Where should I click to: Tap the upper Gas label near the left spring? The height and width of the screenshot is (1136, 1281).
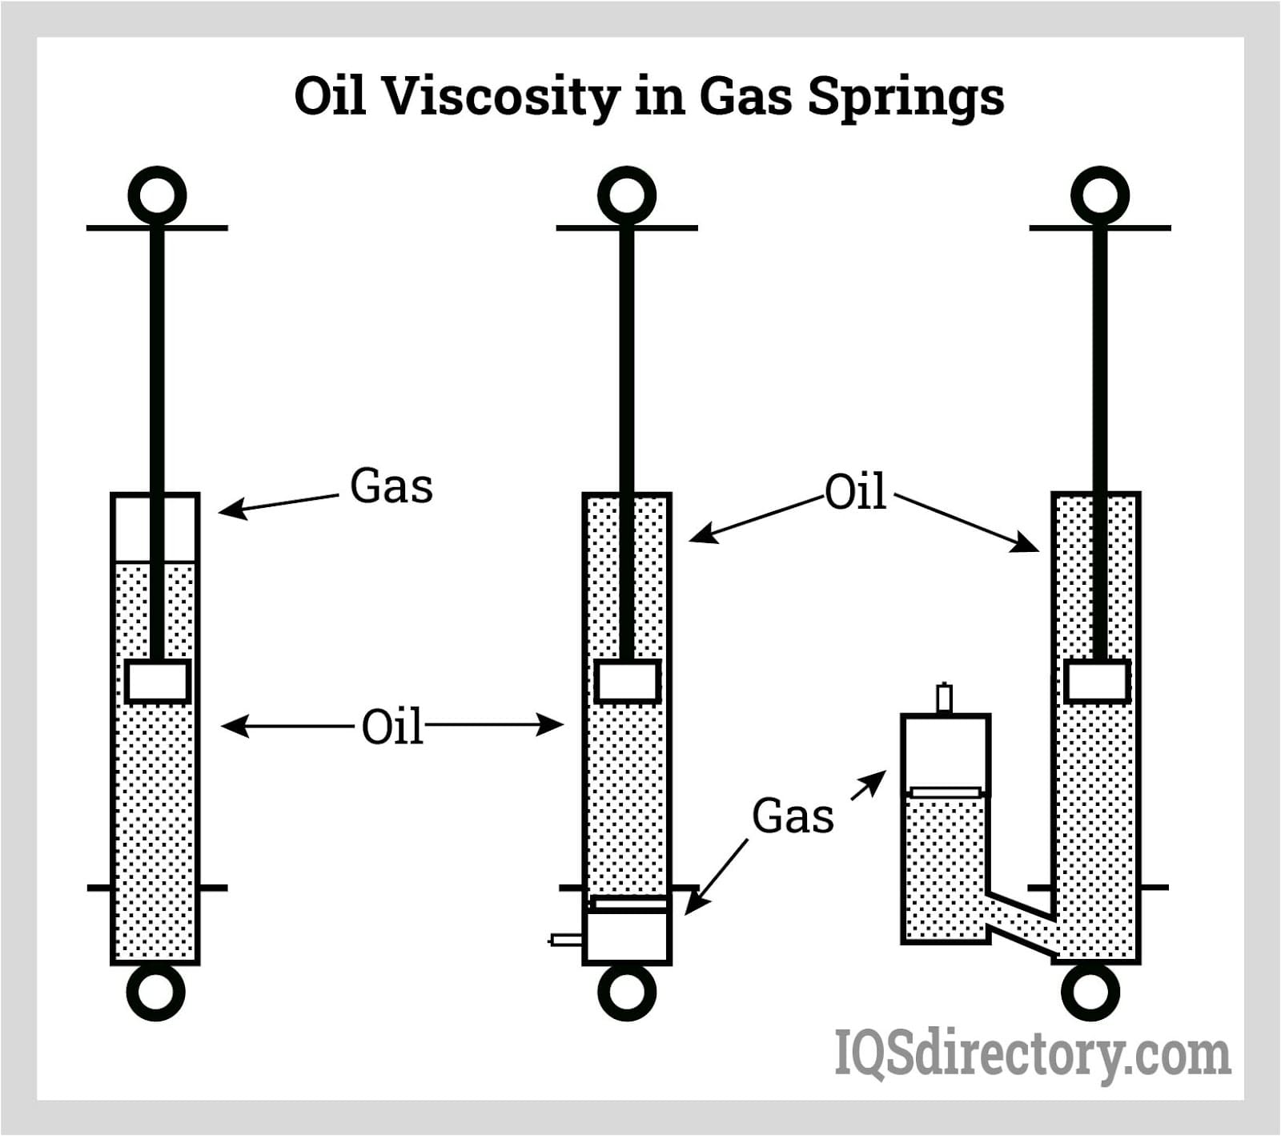point(392,486)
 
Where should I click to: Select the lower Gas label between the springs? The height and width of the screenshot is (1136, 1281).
point(793,816)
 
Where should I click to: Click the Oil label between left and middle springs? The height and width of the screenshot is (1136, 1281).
point(392,727)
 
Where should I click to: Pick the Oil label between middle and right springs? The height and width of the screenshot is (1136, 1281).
point(855,492)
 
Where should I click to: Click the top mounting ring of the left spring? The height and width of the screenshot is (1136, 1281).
point(157,195)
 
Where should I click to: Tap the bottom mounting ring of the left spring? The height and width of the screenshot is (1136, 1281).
point(156,992)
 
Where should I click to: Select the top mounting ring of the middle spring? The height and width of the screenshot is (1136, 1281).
point(627,195)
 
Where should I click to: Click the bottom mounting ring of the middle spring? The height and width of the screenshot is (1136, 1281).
point(627,992)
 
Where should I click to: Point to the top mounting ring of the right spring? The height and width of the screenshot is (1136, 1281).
point(1100,195)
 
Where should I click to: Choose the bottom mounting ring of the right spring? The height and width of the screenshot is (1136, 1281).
point(1090,992)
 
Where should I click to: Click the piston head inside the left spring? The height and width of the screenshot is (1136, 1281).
point(157,682)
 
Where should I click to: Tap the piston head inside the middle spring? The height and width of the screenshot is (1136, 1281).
point(627,682)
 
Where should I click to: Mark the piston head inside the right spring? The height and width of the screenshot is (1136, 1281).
point(1098,682)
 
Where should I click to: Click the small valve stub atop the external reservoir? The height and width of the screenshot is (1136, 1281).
point(945,698)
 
